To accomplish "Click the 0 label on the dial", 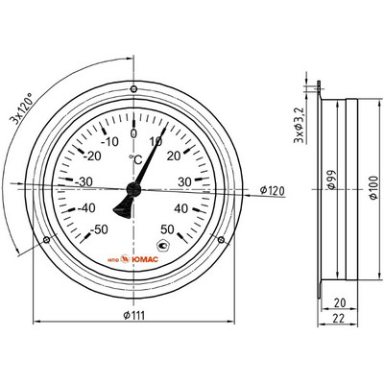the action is [x=133, y=133].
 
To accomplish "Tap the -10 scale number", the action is [x=109, y=141].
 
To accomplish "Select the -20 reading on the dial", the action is [x=92, y=156].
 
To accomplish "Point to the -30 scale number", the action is [x=84, y=181].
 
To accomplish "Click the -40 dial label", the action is [x=86, y=208].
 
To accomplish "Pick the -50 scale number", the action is [x=99, y=229].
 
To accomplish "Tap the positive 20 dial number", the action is [x=174, y=156].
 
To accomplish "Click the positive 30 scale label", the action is [x=184, y=181].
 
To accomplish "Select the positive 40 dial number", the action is [x=181, y=208].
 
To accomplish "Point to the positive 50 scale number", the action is [x=167, y=229].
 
